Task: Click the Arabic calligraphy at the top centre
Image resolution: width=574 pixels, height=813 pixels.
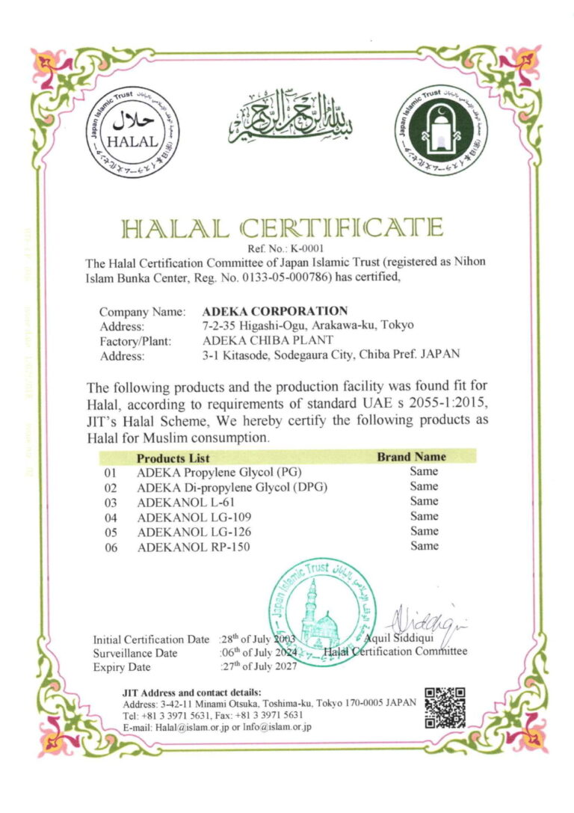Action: click(x=291, y=118)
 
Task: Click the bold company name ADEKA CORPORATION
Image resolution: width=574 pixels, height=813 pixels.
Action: click(x=275, y=311)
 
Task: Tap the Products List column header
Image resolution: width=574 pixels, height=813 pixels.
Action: click(x=173, y=458)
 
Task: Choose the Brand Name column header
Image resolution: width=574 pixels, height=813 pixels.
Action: click(x=411, y=457)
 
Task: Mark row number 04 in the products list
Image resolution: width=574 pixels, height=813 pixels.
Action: click(x=111, y=518)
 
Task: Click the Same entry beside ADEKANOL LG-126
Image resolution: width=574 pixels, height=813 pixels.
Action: click(x=424, y=532)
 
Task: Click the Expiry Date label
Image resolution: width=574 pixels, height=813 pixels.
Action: click(x=121, y=667)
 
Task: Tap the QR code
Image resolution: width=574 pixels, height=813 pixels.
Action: click(x=445, y=707)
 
